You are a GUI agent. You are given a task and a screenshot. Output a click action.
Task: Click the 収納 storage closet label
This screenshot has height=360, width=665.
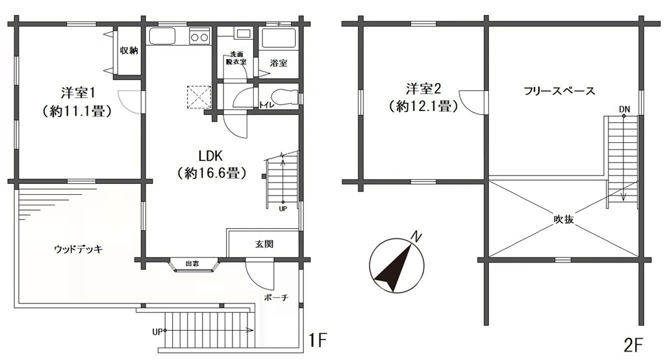[129, 51]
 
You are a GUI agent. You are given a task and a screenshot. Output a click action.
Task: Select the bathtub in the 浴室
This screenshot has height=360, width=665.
[277, 38]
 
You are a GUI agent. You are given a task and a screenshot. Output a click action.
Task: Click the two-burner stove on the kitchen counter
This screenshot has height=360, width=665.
[199, 37]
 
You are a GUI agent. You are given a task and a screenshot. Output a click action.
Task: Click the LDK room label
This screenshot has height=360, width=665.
[211, 155]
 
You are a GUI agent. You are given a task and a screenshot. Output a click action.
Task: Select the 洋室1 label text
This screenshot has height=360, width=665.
[77, 92]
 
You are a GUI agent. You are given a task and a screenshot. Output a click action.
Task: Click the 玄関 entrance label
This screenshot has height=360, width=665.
[264, 244]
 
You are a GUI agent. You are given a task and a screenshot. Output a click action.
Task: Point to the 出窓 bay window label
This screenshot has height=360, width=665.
[192, 264]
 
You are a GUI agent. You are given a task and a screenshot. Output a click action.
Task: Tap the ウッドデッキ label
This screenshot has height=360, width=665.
[79, 249]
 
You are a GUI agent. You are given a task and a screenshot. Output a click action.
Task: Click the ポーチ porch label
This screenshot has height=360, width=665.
[276, 298]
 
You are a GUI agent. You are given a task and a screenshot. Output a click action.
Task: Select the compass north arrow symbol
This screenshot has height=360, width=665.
[395, 265]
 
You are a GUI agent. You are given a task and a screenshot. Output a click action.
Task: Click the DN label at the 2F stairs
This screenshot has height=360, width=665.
[624, 109]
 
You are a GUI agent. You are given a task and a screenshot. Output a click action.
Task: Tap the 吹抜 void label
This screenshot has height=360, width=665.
[564, 220]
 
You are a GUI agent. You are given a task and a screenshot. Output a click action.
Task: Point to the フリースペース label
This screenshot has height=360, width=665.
[559, 90]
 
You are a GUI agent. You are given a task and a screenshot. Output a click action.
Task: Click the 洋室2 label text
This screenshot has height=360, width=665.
[423, 89]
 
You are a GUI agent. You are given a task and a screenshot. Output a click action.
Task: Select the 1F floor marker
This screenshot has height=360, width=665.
[317, 340]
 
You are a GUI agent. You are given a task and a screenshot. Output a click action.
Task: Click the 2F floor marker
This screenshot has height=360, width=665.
[634, 345]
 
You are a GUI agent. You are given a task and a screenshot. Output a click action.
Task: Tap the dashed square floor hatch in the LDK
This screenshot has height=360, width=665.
[199, 97]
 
